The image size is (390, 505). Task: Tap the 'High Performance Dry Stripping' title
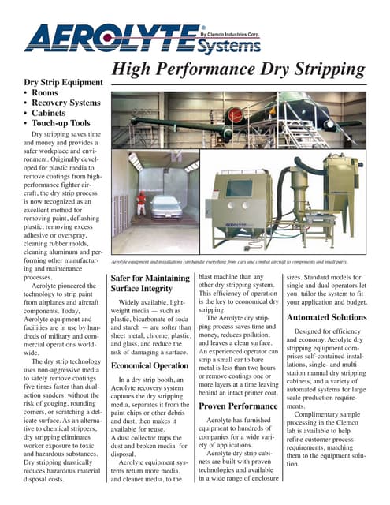pyautogui.click(x=238, y=70)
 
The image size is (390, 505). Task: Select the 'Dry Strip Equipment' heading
pyautogui.click(x=64, y=83)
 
